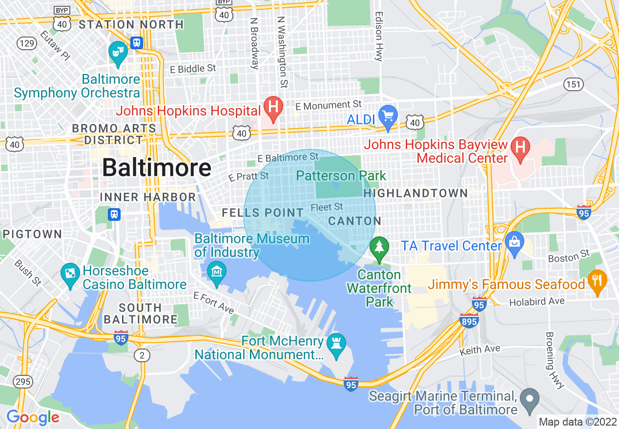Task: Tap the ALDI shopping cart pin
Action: (x=389, y=117)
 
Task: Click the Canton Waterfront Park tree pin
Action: (x=378, y=247)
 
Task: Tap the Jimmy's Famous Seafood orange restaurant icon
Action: (x=597, y=281)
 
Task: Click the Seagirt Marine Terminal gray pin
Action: (x=529, y=399)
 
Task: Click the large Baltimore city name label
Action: (x=157, y=168)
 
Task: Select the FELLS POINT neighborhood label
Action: (x=263, y=213)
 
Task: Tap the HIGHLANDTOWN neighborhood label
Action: (x=415, y=193)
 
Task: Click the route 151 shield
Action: (x=574, y=84)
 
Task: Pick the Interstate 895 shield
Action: (x=469, y=320)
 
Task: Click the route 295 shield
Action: (x=23, y=381)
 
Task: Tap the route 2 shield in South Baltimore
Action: (x=142, y=355)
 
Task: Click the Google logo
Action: (x=32, y=417)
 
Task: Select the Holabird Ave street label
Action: (x=536, y=302)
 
